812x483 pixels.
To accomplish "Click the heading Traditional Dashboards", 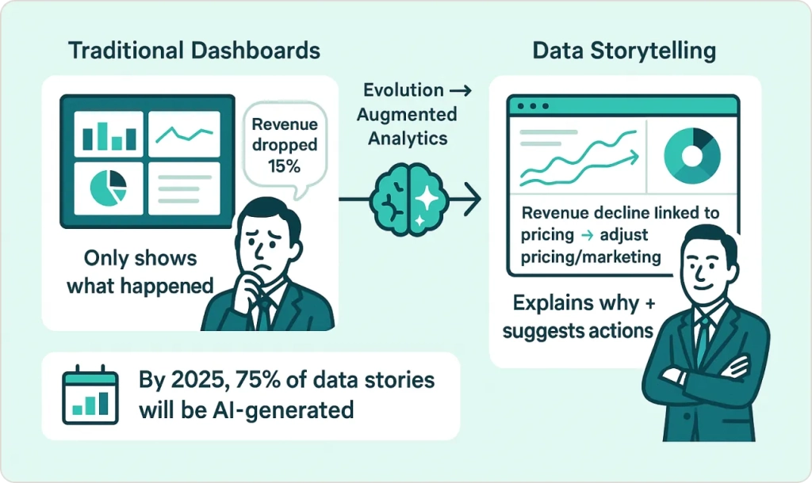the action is pos(194,51).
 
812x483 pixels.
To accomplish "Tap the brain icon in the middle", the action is pos(408,200).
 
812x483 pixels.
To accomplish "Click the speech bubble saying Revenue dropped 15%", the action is pos(285,147).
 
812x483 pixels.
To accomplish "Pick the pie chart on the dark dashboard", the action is pos(108,188).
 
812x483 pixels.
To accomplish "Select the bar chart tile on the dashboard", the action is pos(109,134).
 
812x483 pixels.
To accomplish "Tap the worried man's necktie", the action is pos(263,313).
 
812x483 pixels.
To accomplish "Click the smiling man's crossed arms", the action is pos(705,375).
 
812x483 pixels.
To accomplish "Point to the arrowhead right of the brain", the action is pos(473,199).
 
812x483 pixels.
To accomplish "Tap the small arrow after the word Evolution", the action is pos(461,91).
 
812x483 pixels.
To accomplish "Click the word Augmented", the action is pos(407,115).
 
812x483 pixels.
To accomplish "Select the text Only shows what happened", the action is pos(140,272).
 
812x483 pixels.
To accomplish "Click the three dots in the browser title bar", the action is pos(532,106).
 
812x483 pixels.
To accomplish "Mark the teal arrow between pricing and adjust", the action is pos(587,236).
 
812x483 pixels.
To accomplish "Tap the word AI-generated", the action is pos(283,410).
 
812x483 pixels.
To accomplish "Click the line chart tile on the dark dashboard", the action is pos(184,134).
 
